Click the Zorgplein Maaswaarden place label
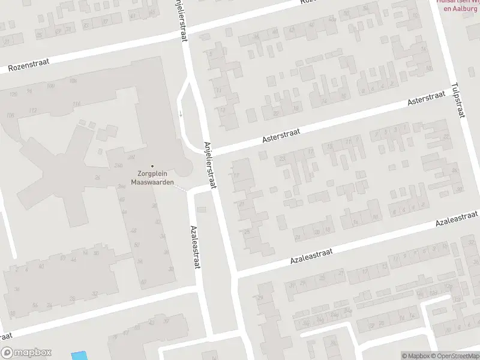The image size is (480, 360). pyautogui.click(x=152, y=178)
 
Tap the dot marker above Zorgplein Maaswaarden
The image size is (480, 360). pyautogui.click(x=152, y=166)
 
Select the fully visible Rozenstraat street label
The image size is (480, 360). pyautogui.click(x=28, y=65)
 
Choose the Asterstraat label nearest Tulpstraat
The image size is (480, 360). pyautogui.click(x=427, y=99)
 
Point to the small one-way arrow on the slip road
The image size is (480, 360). pyautogui.click(x=180, y=113)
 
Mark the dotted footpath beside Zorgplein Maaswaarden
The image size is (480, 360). pyautogui.click(x=180, y=188)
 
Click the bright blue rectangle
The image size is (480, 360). pyautogui.click(x=78, y=355)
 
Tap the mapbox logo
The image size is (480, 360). pyautogui.click(x=26, y=353)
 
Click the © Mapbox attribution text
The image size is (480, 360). pyautogui.click(x=416, y=356)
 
